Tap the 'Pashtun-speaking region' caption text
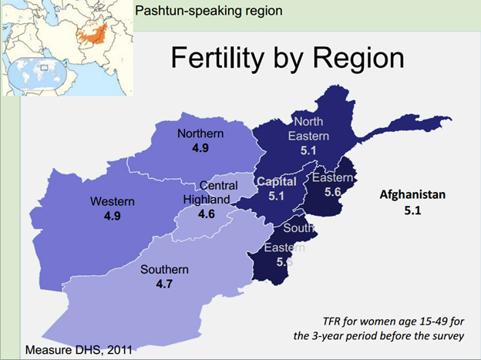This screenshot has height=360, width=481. click(x=208, y=11)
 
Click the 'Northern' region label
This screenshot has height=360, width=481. click(x=200, y=134)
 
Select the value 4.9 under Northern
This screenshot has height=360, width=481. click(x=200, y=147)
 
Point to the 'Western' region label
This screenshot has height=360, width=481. click(x=112, y=202)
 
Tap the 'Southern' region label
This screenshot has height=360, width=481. click(x=163, y=270)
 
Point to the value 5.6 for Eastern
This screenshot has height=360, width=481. click(x=333, y=193)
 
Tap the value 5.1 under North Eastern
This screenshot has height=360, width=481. click(x=308, y=150)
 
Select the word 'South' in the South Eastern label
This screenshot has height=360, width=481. click(x=298, y=229)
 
